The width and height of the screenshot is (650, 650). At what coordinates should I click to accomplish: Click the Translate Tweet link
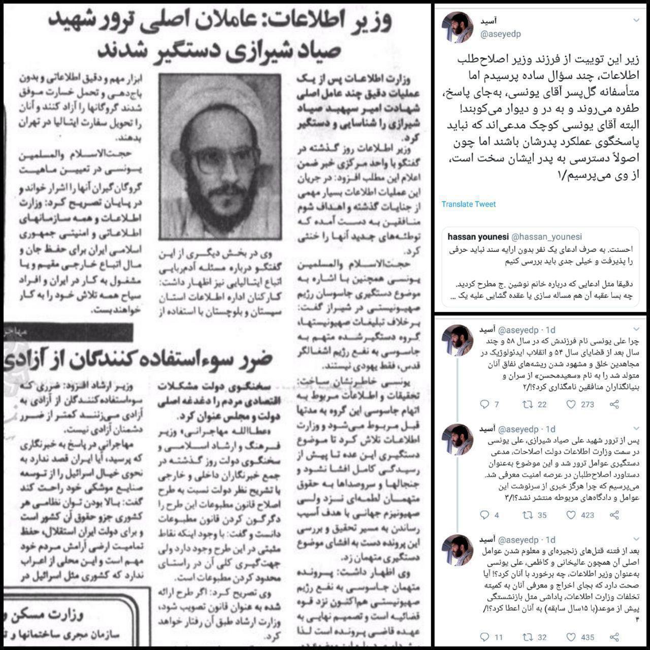468,204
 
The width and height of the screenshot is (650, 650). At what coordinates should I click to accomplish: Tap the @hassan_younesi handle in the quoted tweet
546,237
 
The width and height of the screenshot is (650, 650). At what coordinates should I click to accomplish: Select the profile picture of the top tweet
458,27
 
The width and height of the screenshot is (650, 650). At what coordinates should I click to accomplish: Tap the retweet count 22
542,404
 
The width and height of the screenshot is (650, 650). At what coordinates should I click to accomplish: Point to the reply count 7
496,404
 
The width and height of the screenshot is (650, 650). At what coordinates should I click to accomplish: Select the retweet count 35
542,515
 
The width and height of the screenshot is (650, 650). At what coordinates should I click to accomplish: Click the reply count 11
498,637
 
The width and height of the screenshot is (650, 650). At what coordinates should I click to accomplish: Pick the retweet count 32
542,637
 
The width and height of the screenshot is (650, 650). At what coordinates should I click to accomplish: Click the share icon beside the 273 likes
614,404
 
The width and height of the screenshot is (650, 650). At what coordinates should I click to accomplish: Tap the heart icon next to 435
570,637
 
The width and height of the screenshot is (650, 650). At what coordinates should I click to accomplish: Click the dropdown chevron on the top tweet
636,21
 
